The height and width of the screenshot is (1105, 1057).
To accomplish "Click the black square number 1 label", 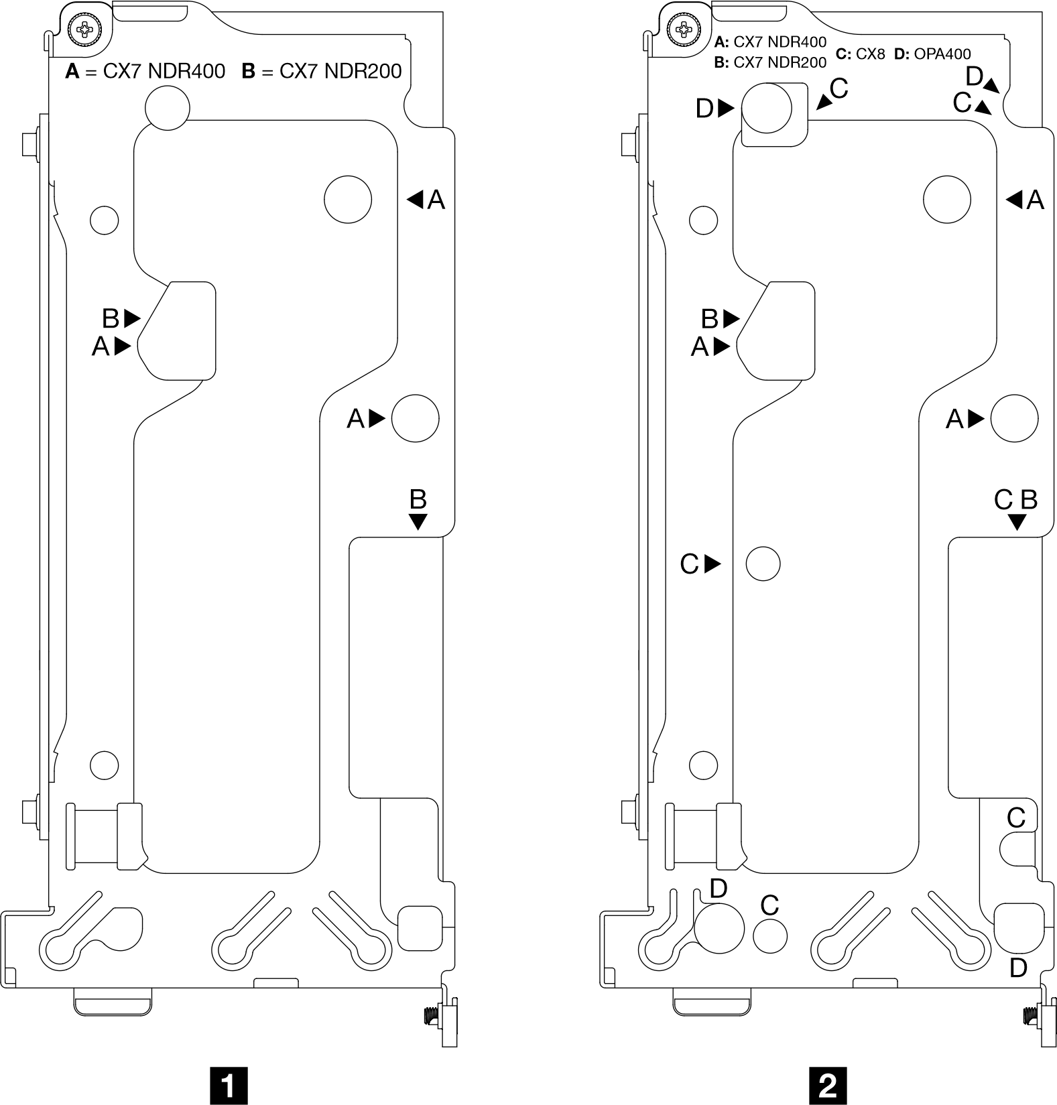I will coord(229,1086).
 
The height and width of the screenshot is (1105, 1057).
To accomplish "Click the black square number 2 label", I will coord(828,1086).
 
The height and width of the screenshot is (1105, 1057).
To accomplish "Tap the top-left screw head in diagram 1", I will coord(86,29).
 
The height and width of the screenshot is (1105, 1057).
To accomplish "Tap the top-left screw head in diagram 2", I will coord(684,29).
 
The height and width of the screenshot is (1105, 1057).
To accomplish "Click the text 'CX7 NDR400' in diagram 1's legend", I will coord(164,71).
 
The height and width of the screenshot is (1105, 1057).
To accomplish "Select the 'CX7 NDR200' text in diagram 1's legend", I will coord(340,71).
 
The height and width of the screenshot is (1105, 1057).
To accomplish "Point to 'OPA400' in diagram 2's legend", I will coord(942,54).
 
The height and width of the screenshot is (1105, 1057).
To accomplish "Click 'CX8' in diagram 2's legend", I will coord(870,54).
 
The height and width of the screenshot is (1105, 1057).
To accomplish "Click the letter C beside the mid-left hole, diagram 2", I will coord(689,564).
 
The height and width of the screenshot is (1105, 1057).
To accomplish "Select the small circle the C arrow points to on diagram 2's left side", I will coord(763,564).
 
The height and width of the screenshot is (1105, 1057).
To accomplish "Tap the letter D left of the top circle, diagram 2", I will coord(704,109).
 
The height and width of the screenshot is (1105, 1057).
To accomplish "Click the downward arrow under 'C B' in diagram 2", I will coord(1017,522).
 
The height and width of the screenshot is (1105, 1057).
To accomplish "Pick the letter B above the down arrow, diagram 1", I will coord(418,500).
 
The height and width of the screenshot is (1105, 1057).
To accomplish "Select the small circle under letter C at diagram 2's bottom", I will coord(769,935).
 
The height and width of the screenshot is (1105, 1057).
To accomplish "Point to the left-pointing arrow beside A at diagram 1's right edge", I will coord(416,199).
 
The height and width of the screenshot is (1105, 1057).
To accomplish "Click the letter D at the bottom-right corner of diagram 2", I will coord(1018,968).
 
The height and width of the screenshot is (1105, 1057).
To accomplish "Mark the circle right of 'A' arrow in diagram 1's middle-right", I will coord(415,418).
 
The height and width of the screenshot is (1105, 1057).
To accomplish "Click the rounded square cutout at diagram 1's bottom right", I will coord(420,927).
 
